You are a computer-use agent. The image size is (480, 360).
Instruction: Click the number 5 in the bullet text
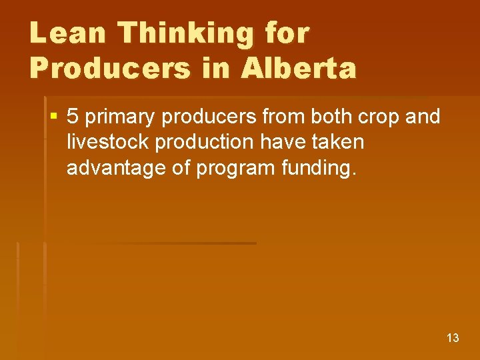click(x=73, y=117)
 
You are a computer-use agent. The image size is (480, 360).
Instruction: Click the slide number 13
click(x=453, y=338)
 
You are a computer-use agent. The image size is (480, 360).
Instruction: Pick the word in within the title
click(x=218, y=68)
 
